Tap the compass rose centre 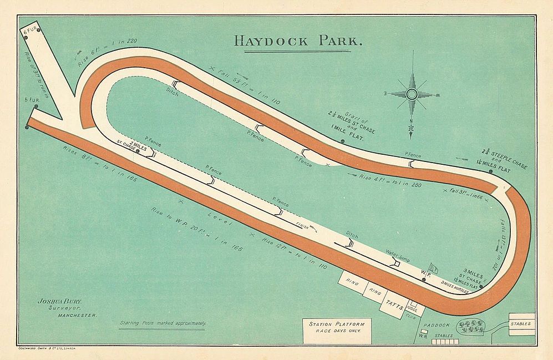pos(412,94)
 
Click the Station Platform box pos(336,327)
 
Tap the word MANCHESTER pos(77,315)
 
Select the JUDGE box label pos(411,306)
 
